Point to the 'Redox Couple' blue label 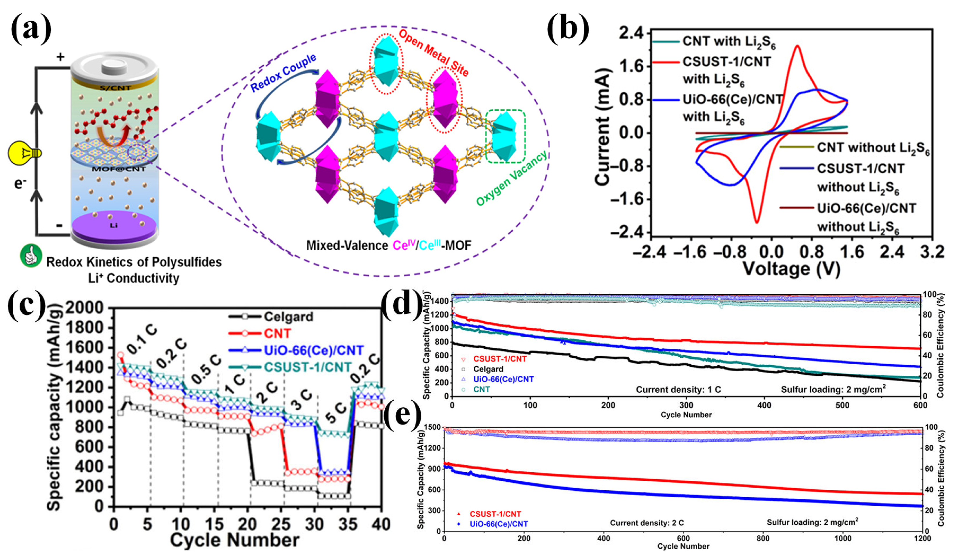(283, 73)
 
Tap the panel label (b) (568, 28)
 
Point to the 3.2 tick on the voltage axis (932, 252)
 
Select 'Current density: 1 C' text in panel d (678, 390)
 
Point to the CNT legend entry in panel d (481, 389)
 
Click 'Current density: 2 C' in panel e (647, 523)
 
